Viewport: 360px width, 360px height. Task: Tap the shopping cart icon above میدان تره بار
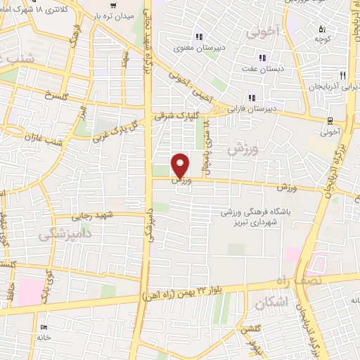tap(113, 6)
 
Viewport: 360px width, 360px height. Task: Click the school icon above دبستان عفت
tap(262, 58)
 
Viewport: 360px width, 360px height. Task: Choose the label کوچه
tap(324, 40)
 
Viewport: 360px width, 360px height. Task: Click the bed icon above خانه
tap(44, 327)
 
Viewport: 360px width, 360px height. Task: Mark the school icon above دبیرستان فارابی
tap(249, 97)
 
